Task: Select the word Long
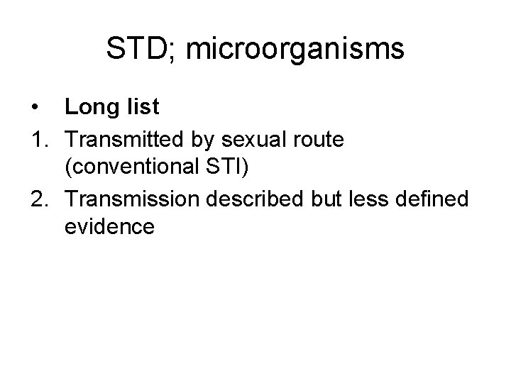click(91, 108)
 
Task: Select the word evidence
click(109, 228)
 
